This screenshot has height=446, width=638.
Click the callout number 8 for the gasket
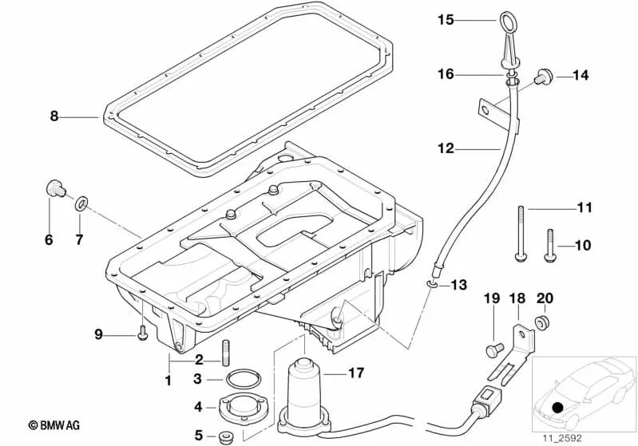[54, 116]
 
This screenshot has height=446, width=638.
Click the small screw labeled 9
[142, 334]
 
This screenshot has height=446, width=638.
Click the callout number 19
[491, 298]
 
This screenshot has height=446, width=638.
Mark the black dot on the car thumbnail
[557, 409]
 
